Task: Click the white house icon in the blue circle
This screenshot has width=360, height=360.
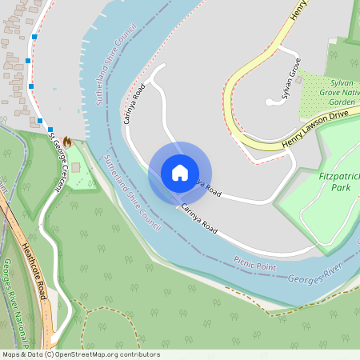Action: point(180,172)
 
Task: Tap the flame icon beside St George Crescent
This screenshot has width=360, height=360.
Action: point(67,142)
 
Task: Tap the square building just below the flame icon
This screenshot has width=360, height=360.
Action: point(75,168)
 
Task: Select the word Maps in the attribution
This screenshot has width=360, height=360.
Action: point(11,354)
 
